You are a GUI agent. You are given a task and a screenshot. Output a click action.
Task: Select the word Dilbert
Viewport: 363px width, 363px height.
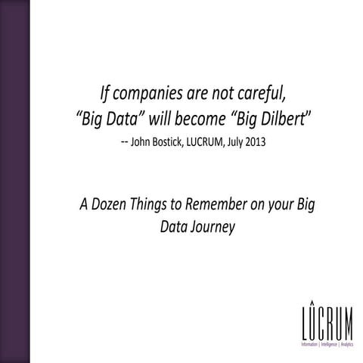coord(279,119)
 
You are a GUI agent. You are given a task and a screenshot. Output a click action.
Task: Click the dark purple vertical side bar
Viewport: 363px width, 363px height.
coord(14,181)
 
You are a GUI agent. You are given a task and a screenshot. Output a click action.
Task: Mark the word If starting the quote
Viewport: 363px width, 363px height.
coord(107,95)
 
